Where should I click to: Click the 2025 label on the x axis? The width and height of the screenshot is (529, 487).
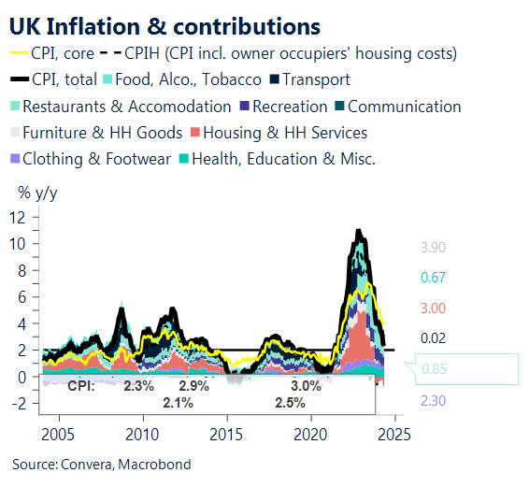click(393, 435)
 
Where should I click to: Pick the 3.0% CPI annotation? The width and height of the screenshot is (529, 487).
click(305, 385)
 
